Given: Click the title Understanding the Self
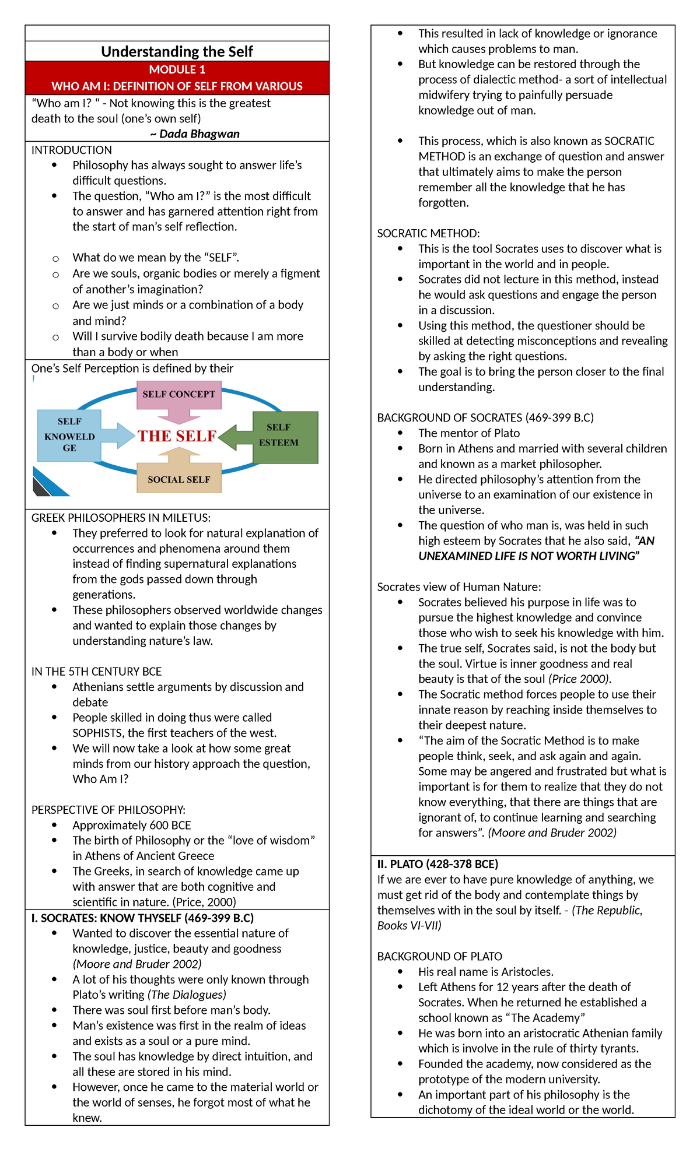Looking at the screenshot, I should coord(177,51).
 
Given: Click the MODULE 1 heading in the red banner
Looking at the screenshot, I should coord(177,70).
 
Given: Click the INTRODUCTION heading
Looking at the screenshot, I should coord(71,150).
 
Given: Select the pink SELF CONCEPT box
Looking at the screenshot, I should coord(178,395).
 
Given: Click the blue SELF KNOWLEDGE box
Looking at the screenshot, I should coord(69,435).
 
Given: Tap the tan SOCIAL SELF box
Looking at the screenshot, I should coord(178,479).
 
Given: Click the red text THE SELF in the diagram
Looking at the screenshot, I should coord(177,436).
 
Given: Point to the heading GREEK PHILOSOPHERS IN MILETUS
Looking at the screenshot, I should coord(121,518).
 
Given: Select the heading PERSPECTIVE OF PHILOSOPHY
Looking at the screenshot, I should coord(108,810).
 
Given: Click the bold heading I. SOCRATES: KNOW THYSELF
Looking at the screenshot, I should coord(142,918).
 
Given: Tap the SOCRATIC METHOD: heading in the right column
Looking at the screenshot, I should coord(428,233).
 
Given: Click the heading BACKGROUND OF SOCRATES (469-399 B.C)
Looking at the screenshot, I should coord(485,417).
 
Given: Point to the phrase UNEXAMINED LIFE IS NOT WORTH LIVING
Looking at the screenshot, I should coord(528,556).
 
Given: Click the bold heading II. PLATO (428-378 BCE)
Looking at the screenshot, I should coord(437,864).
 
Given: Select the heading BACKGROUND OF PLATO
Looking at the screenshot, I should coord(439,956).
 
